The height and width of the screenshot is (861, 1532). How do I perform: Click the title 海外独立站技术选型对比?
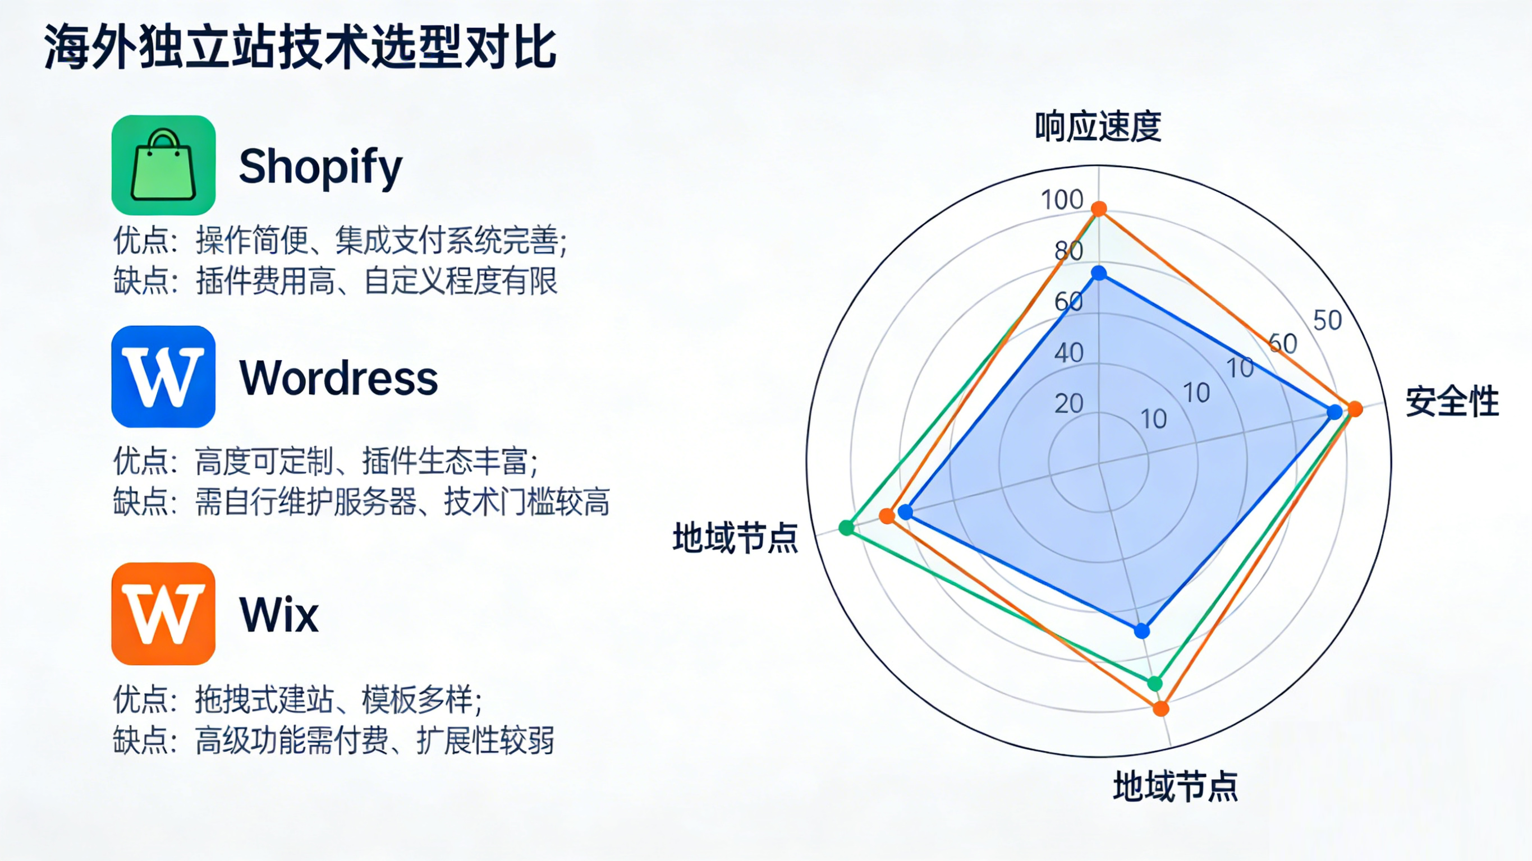pos(300,48)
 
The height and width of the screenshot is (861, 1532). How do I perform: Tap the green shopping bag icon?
pos(163,165)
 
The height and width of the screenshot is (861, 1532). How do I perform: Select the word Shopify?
pos(320,167)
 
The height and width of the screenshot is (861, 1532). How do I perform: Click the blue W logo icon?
pos(163,376)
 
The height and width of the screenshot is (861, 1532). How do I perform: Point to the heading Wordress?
pos(338,378)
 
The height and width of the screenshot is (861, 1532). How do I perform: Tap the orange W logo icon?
pos(163,614)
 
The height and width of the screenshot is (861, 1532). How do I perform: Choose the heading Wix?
pos(279,615)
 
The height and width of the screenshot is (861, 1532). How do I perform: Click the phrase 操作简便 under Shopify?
pos(251,240)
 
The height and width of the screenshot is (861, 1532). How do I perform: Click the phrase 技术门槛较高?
pos(527,502)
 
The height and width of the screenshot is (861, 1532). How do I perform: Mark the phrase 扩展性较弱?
pos(485,740)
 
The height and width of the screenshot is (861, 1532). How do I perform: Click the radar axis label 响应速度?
pos(1098,126)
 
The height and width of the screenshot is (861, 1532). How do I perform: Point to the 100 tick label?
pos(1062,200)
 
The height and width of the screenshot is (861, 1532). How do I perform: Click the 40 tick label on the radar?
pos(1068,353)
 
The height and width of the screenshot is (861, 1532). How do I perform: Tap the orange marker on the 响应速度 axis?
pos(1099,209)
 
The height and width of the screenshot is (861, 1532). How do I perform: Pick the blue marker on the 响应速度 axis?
pos(1099,274)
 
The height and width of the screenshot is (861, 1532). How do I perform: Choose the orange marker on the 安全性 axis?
pos(1354,409)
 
